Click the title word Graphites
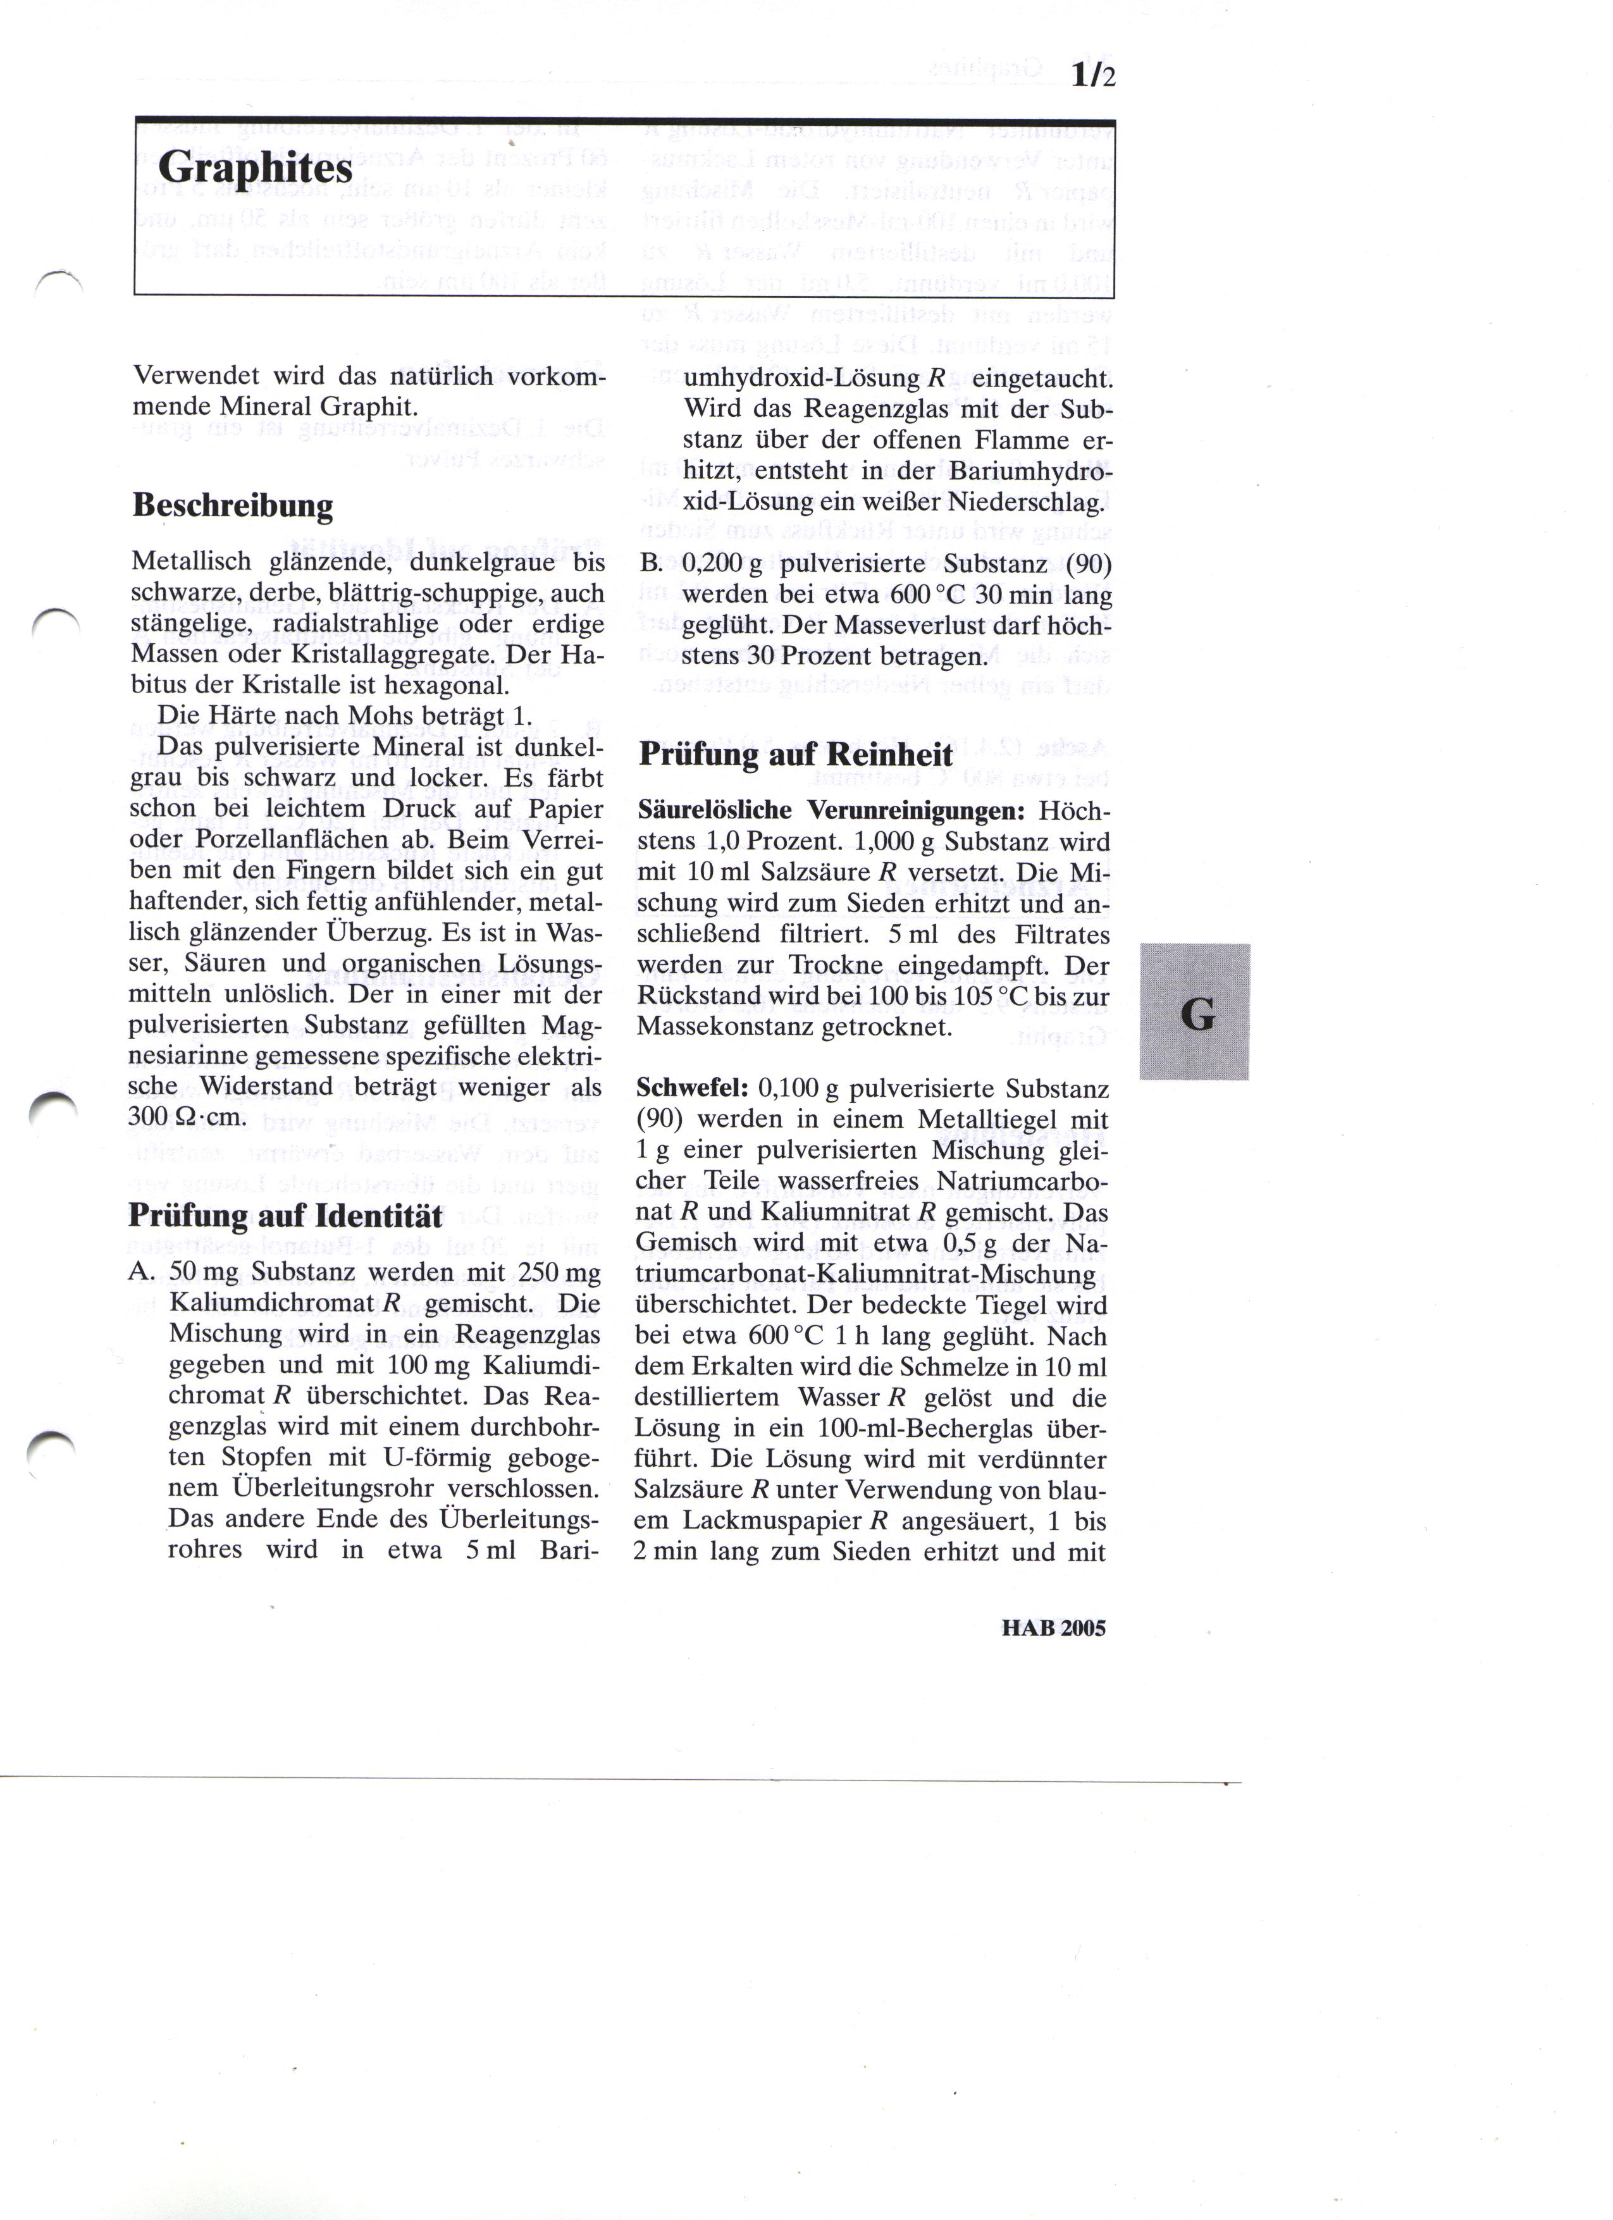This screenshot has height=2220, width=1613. point(254,168)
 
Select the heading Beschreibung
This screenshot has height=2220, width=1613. point(232,506)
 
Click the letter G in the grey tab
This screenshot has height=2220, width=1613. point(1197,1014)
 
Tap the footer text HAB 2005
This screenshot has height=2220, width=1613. point(1053,1629)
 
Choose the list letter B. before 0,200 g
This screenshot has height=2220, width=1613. point(651,565)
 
